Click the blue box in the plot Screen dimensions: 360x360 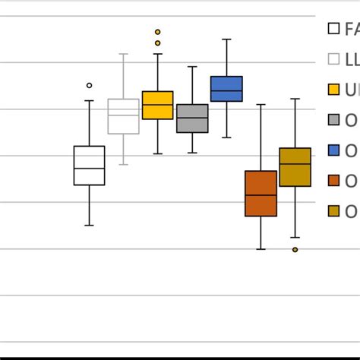pyautogui.click(x=226, y=88)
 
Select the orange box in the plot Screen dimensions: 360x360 pyautogui.click(x=261, y=194)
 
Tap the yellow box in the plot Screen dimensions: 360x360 pyautogui.click(x=158, y=105)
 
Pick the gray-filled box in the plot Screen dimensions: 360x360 pyautogui.click(x=192, y=118)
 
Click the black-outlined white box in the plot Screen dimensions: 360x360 pyautogui.click(x=89, y=165)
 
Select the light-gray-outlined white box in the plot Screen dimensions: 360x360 pyautogui.click(x=123, y=116)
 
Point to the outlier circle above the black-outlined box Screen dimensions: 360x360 pyautogui.click(x=89, y=86)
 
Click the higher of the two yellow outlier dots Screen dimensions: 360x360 pyautogui.click(x=158, y=32)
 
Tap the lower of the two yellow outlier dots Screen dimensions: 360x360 pyautogui.click(x=158, y=43)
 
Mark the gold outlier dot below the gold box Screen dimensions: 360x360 pyautogui.click(x=295, y=249)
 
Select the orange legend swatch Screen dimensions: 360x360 pyautogui.click(x=333, y=181)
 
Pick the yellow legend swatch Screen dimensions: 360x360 pyautogui.click(x=333, y=90)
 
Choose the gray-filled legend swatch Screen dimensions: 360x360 pyautogui.click(x=333, y=120)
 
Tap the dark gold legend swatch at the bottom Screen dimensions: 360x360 pyautogui.click(x=333, y=211)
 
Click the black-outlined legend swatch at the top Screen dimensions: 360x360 pyautogui.click(x=333, y=29)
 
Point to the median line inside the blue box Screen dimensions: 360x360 pyautogui.click(x=226, y=91)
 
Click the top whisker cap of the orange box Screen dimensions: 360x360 pyautogui.click(x=261, y=104)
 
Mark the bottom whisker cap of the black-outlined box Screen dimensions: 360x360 pyautogui.click(x=89, y=226)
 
